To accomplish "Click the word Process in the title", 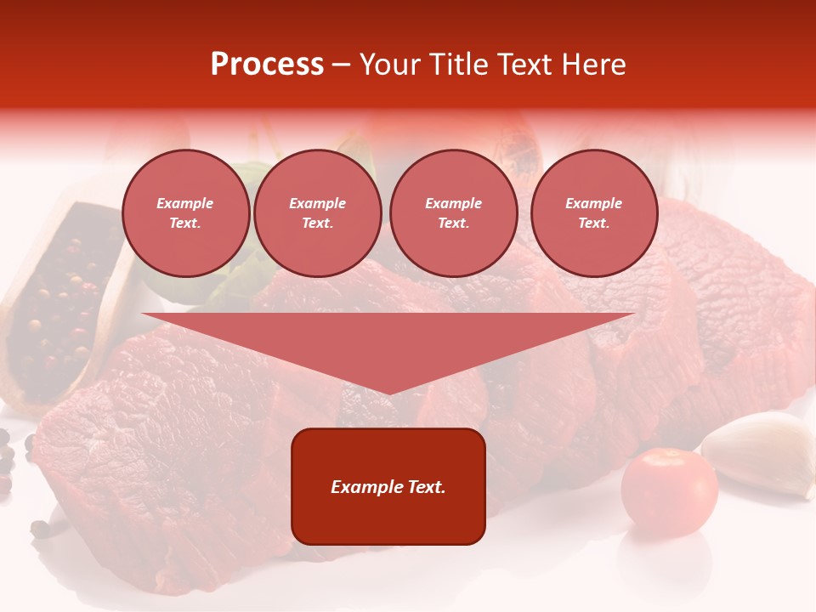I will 267,65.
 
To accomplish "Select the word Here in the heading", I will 595,65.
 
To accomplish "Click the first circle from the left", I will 185,213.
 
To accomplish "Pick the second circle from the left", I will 317,213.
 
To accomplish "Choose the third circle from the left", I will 453,213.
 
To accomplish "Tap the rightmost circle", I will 593,213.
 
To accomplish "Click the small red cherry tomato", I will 669,492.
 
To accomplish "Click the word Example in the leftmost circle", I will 185,203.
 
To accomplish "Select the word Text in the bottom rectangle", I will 425,487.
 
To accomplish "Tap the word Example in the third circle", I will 453,203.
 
